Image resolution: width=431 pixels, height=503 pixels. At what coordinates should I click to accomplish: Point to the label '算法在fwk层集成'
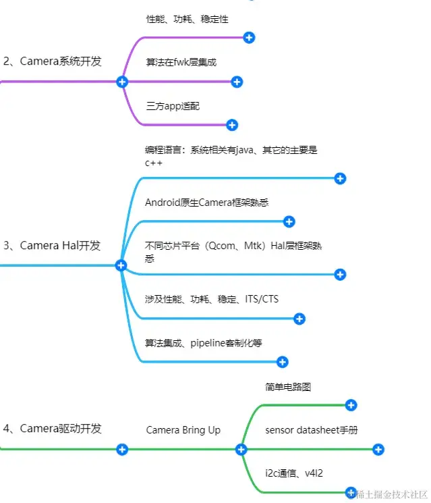tap(181, 62)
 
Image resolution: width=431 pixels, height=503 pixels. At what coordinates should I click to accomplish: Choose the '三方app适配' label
tap(173, 106)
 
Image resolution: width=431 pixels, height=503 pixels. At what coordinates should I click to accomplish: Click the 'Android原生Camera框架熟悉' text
tap(206, 202)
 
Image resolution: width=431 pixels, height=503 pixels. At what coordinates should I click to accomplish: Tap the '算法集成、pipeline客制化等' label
tap(203, 343)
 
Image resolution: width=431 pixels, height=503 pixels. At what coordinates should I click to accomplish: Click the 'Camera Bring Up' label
tap(183, 430)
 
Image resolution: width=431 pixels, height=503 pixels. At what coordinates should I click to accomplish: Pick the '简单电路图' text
tap(288, 387)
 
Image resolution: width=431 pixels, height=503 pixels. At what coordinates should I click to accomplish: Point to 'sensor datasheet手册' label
tap(311, 429)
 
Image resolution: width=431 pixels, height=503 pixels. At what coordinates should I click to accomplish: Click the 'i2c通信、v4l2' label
tap(294, 473)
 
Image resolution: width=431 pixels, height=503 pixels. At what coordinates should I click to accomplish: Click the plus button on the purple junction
tap(122, 82)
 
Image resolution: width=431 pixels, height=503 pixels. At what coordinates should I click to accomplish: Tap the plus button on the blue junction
tap(121, 265)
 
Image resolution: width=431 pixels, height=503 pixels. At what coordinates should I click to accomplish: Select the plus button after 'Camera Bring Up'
tap(241, 449)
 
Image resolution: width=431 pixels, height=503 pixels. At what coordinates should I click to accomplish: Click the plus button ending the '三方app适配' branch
tap(232, 125)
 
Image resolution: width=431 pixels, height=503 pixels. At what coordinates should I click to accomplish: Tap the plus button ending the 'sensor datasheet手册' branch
tap(378, 449)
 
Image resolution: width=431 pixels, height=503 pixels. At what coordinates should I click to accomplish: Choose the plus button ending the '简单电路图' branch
tap(351, 405)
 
